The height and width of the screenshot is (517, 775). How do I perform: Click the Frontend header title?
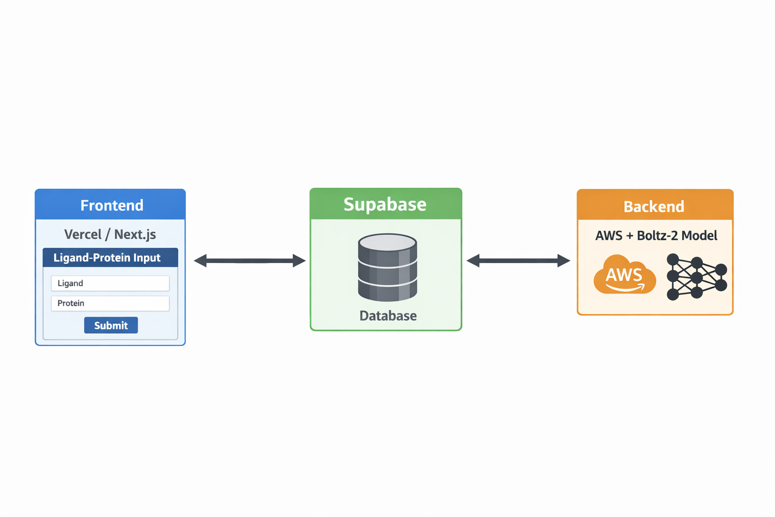112,205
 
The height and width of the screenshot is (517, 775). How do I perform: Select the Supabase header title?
385,204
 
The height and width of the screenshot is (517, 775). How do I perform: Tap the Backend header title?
654,206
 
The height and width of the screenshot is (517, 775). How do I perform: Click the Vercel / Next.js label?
110,234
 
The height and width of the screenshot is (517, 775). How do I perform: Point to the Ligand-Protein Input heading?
107,257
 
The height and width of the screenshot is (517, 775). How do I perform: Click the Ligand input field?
110,283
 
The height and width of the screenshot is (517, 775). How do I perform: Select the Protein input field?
110,303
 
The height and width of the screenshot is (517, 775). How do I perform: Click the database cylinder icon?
387,267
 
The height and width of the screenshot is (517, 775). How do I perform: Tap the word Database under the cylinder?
388,316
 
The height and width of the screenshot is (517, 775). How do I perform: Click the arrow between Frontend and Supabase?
249,261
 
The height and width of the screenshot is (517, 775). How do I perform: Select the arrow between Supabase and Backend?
518,261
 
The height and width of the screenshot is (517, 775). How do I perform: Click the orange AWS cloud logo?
625,274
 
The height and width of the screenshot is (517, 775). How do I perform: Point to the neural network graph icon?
697,277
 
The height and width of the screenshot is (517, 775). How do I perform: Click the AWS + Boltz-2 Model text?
656,235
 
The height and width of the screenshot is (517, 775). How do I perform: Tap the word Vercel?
83,234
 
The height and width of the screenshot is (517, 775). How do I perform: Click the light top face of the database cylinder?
387,242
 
